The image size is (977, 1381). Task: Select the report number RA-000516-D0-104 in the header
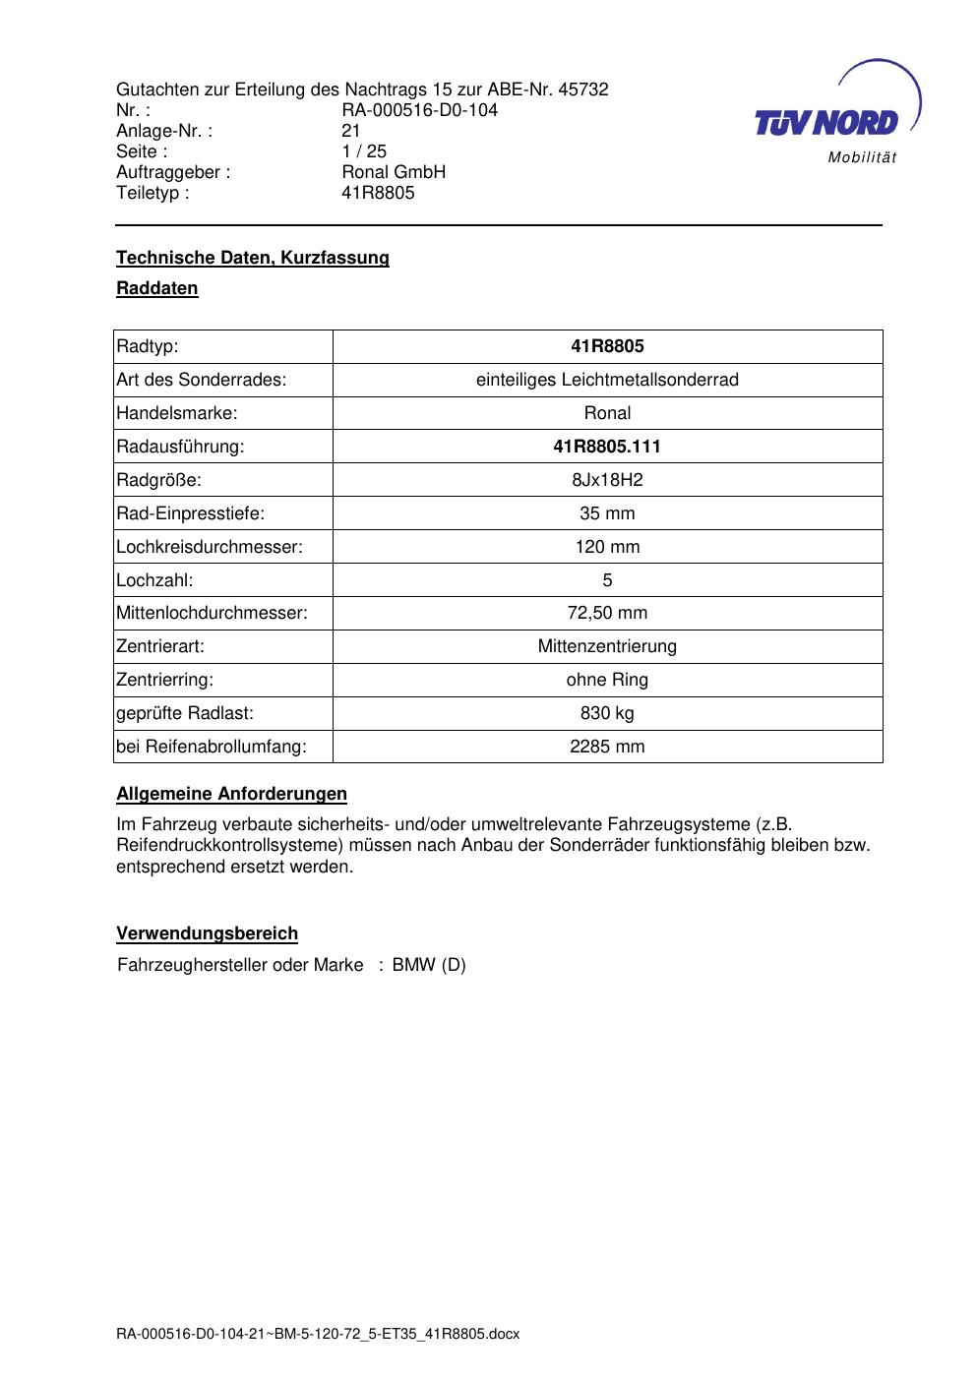tap(419, 110)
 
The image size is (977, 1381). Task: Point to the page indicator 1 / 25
tap(364, 151)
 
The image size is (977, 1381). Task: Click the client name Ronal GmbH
tap(394, 172)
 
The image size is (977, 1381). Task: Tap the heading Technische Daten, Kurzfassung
tap(253, 258)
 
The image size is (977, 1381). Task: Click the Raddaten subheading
tap(157, 288)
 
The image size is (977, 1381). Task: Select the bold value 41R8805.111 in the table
tap(607, 447)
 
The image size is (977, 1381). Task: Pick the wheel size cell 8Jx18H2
tap(607, 480)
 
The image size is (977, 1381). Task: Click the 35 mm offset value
tap(607, 513)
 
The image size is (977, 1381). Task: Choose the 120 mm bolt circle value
tap(607, 547)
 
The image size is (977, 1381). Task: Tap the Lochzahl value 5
tap(607, 580)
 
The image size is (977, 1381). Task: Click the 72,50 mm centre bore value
tap(607, 613)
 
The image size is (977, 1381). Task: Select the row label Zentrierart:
tap(160, 646)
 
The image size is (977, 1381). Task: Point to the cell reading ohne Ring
tap(607, 680)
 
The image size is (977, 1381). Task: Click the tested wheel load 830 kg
tap(607, 713)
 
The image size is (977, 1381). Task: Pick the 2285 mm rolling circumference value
tap(607, 747)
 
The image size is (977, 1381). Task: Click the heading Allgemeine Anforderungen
tap(232, 794)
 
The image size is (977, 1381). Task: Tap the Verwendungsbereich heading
tap(208, 933)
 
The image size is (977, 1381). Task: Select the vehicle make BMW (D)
tap(429, 965)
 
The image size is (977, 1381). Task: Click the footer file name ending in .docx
tap(318, 1335)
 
